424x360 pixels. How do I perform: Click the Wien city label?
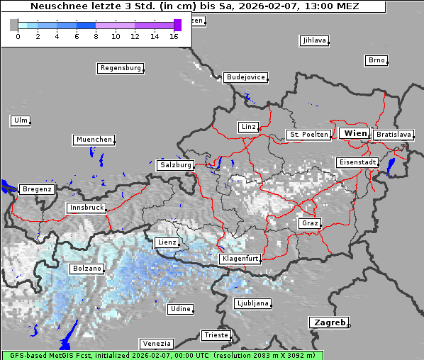(355, 133)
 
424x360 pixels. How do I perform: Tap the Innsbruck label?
(87, 208)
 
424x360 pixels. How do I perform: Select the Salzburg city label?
(175, 164)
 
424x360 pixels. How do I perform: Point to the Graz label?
(309, 223)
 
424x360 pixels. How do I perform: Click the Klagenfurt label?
(240, 259)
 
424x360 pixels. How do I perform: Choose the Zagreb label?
(328, 322)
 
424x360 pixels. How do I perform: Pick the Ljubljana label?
(252, 303)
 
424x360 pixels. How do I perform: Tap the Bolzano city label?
(87, 269)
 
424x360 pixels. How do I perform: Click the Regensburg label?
(120, 68)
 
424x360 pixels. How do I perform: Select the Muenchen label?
(93, 140)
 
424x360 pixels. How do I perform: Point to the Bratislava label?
(393, 134)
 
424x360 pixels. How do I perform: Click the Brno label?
(376, 60)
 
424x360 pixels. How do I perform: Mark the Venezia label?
(155, 343)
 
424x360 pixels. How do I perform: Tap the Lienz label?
(166, 242)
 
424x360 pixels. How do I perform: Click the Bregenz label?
(36, 189)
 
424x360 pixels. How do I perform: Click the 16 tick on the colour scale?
(174, 36)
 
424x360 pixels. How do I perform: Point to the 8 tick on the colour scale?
(96, 36)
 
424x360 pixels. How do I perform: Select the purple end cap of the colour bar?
(177, 25)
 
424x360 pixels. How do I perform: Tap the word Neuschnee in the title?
(56, 6)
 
